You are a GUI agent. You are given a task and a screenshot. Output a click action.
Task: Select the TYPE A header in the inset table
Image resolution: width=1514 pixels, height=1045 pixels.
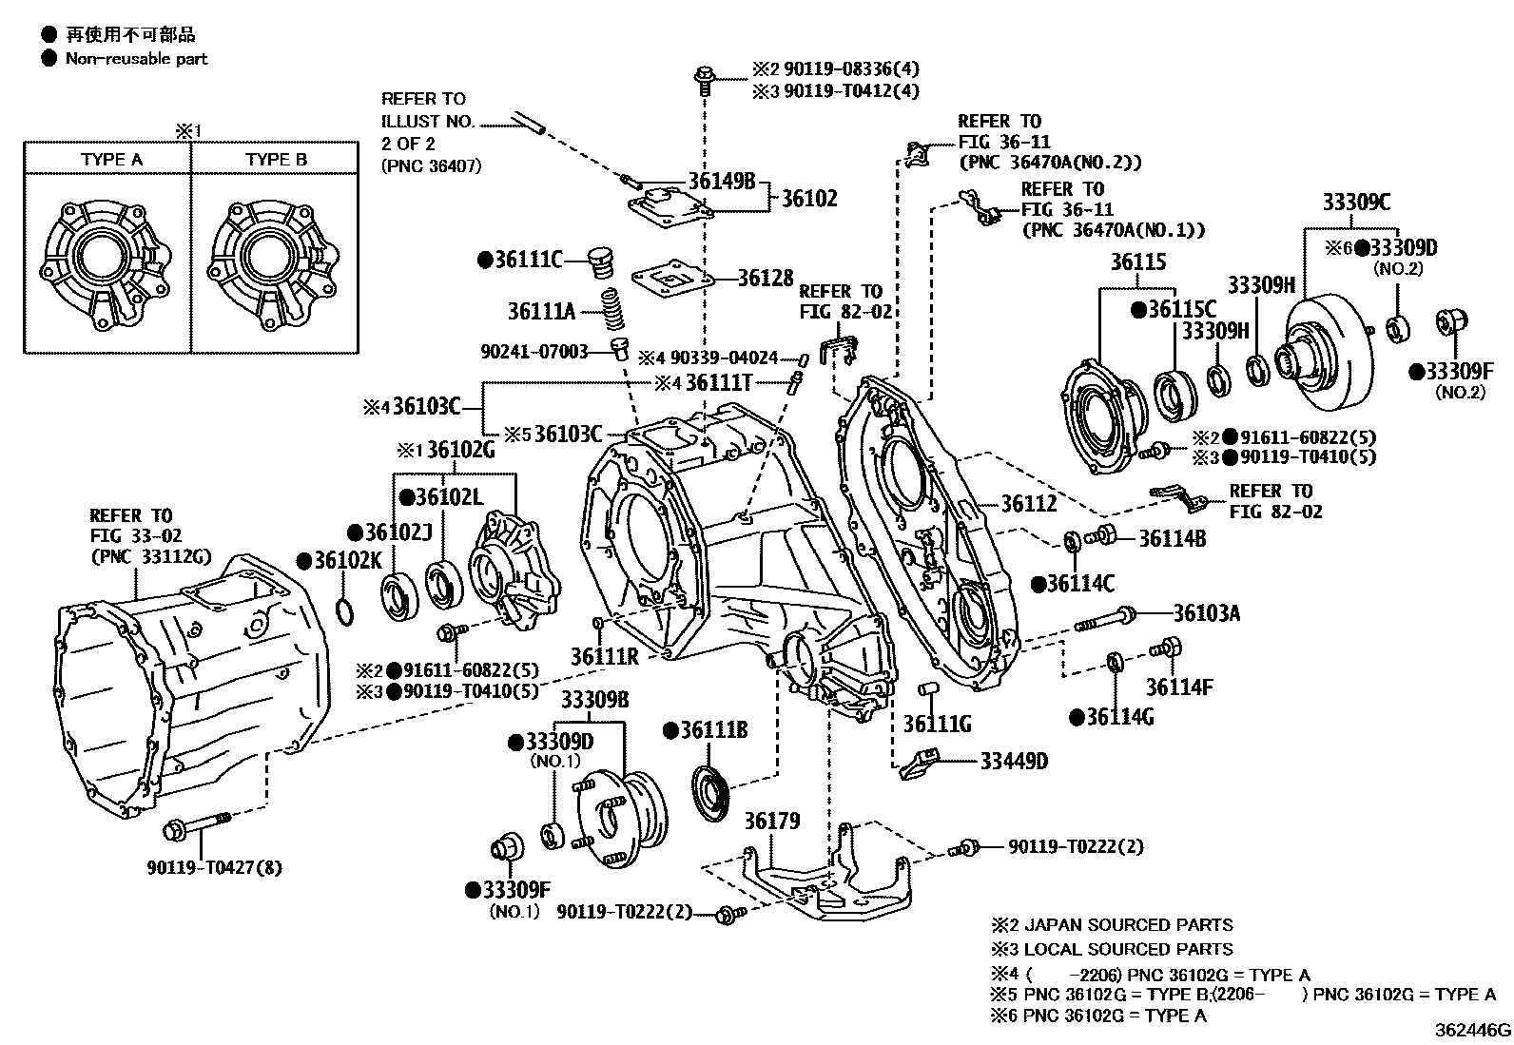point(111,160)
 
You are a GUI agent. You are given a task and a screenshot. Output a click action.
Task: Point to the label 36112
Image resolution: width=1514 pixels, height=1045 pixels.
point(1028,504)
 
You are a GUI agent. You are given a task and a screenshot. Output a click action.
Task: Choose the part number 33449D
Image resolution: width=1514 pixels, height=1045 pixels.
point(1014,761)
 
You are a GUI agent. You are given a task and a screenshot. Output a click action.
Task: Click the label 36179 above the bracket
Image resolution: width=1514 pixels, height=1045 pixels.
point(771,821)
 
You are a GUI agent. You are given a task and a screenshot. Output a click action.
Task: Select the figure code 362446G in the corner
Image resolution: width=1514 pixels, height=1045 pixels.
point(1472,1031)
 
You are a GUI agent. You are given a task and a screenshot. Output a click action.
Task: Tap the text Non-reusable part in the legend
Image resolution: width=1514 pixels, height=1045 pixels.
point(136,59)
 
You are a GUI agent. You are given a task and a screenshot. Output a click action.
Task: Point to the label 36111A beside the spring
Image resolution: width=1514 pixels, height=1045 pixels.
point(541,310)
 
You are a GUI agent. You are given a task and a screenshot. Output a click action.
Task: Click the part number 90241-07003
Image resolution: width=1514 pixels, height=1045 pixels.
point(534,350)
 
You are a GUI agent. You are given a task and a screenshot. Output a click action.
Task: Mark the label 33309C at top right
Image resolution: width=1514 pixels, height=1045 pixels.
point(1355,202)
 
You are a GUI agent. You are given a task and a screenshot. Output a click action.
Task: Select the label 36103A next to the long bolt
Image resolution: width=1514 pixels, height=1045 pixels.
point(1206,613)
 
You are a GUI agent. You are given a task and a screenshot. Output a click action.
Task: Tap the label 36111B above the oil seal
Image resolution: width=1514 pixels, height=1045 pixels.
point(714,730)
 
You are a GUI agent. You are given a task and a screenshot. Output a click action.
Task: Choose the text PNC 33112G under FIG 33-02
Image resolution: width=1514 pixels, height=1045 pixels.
point(151,557)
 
